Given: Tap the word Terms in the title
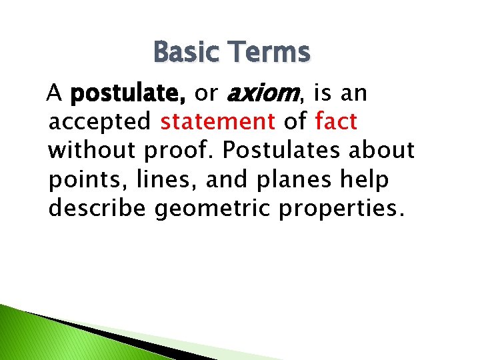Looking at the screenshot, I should tap(270, 52).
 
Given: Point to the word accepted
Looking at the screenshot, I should tap(100, 122).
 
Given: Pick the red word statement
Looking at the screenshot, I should tap(217, 122).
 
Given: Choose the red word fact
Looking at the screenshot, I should tap(336, 122).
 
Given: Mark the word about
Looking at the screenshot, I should tap(384, 151).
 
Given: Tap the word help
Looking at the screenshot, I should tap(366, 180).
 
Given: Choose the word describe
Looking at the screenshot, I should tap(98, 209).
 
